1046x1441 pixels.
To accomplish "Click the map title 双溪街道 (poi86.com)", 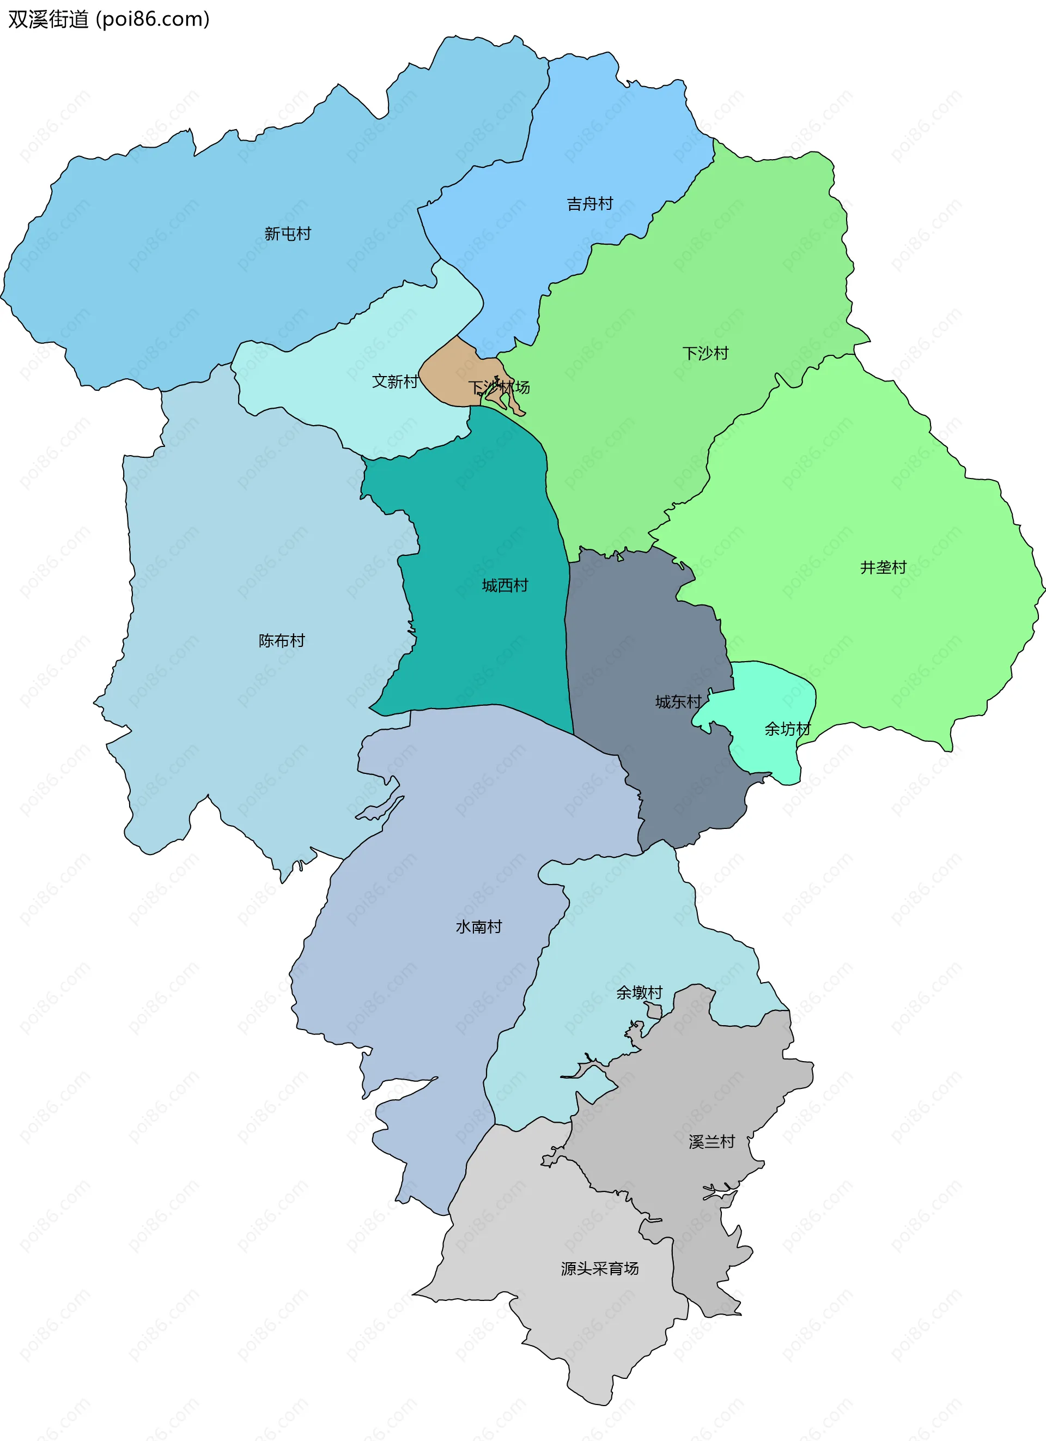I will click(x=108, y=19).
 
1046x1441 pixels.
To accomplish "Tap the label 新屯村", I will click(x=288, y=234).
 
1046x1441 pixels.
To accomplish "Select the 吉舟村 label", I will click(x=589, y=203).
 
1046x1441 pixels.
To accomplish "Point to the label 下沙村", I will click(x=705, y=353).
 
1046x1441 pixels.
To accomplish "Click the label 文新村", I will click(x=394, y=381).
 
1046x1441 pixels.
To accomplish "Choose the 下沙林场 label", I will click(x=498, y=387).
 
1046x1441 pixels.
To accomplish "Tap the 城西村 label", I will click(x=505, y=585).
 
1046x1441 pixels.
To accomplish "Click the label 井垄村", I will click(x=883, y=567).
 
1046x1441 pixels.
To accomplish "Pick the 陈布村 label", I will click(x=281, y=640).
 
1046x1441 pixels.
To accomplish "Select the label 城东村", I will click(x=678, y=701).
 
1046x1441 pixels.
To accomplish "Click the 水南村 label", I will click(x=478, y=927).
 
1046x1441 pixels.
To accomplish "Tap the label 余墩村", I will click(x=639, y=992).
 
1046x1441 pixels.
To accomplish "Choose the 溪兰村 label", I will click(x=711, y=1142).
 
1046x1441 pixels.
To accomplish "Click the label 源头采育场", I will click(x=599, y=1268).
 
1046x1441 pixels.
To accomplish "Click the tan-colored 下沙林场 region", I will click(x=448, y=372).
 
